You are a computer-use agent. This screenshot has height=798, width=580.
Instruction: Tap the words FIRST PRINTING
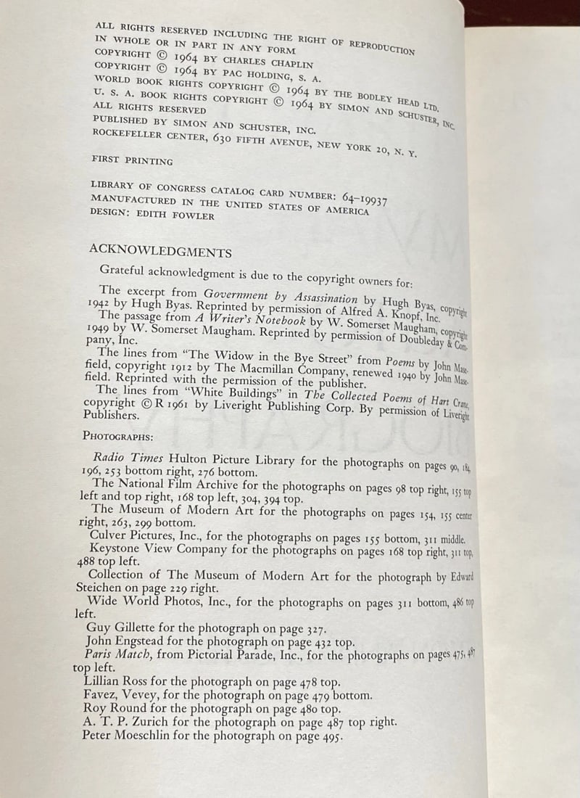coord(133,160)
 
